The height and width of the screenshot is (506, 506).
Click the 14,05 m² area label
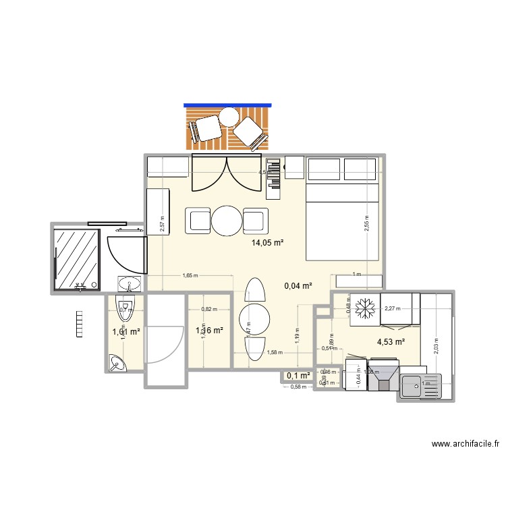coord(268,242)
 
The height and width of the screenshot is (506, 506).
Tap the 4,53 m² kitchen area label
coord(391,342)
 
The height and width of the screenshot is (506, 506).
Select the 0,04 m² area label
coord(298,286)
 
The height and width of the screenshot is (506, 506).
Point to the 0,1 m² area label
coord(298,376)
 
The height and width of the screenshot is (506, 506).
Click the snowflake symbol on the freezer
coord(365,308)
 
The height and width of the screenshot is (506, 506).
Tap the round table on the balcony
coord(229,117)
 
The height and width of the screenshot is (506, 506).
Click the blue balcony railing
coord(227,105)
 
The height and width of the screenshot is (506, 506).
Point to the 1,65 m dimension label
coord(191,275)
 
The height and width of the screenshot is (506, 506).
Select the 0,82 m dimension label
coord(209,310)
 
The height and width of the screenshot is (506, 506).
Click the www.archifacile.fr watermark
coord(465,444)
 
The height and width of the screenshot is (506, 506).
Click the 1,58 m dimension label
coord(275,352)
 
